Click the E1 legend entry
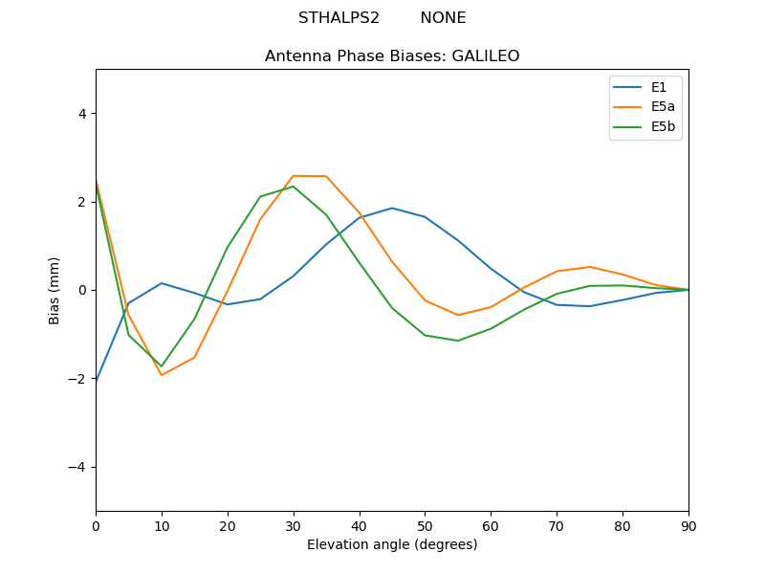click(x=659, y=87)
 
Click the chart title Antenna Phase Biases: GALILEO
click(x=392, y=56)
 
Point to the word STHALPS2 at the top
click(x=339, y=18)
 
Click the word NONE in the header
click(x=443, y=18)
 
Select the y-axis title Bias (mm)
click(x=55, y=290)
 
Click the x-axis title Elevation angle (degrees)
click(x=392, y=544)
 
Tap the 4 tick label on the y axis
click(x=81, y=113)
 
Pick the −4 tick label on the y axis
click(x=77, y=467)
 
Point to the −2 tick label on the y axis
click(x=77, y=379)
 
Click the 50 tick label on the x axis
click(x=425, y=525)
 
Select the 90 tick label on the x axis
click(x=688, y=525)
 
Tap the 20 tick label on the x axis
click(x=228, y=525)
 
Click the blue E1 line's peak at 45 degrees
click(x=392, y=208)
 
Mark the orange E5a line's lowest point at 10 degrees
click(x=162, y=375)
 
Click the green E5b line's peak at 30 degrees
click(x=294, y=186)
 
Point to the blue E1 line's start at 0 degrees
click(x=97, y=381)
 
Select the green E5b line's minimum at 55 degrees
click(x=458, y=341)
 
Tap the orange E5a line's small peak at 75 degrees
click(x=590, y=267)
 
